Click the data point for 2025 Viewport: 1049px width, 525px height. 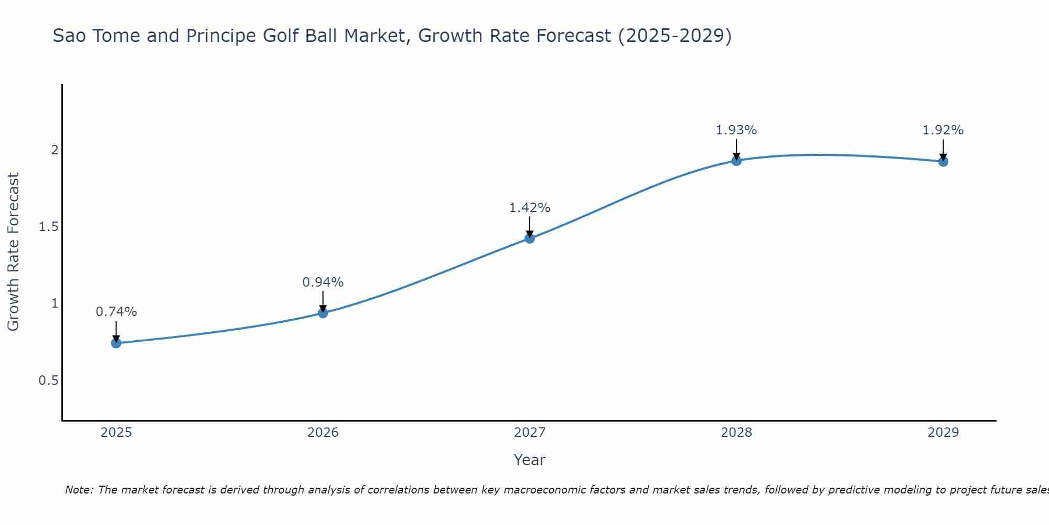(x=116, y=343)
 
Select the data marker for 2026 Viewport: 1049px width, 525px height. (x=323, y=313)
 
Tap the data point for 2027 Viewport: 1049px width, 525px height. (x=530, y=238)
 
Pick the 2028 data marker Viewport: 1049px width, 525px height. (x=736, y=161)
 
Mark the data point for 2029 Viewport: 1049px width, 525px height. (x=943, y=162)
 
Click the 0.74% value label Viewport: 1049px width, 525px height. (x=116, y=312)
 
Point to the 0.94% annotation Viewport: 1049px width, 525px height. (x=323, y=282)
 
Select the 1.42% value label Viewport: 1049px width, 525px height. (x=530, y=208)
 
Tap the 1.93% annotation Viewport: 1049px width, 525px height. (x=736, y=130)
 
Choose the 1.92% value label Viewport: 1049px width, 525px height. (x=943, y=130)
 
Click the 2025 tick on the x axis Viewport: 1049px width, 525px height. (x=116, y=433)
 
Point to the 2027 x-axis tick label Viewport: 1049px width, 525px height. (x=530, y=433)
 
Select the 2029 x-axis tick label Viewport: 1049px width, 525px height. (x=943, y=433)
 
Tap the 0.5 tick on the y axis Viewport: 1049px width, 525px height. (x=48, y=380)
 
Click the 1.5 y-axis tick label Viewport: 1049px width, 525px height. (x=48, y=227)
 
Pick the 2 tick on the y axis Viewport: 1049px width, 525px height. (x=55, y=150)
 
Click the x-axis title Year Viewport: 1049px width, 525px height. (x=530, y=460)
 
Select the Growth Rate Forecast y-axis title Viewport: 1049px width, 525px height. (x=13, y=252)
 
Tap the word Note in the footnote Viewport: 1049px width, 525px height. (x=79, y=490)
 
